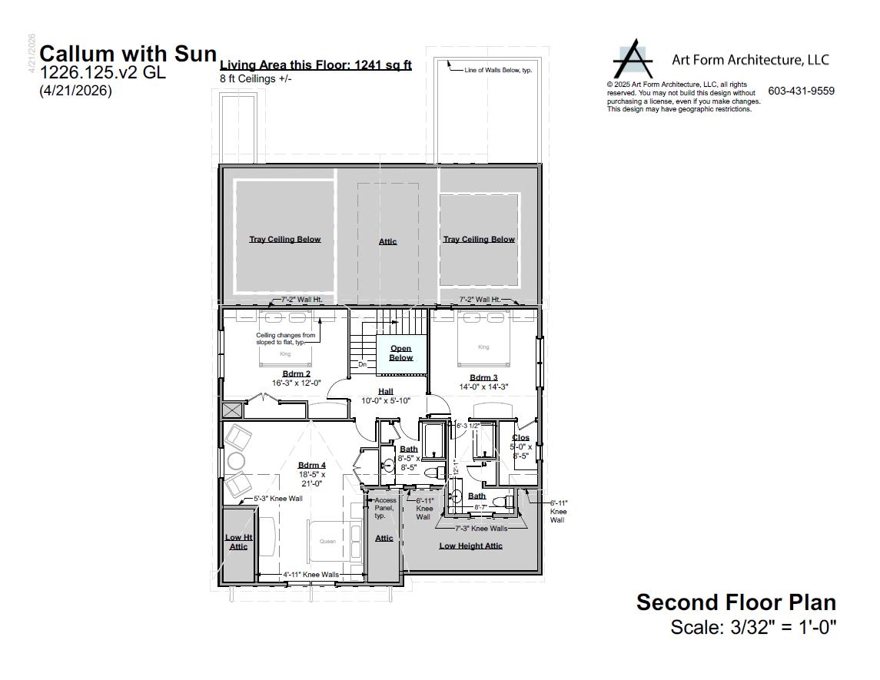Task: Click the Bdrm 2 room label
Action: (x=296, y=374)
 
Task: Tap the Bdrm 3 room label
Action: (x=483, y=377)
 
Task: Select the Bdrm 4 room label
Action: (x=312, y=466)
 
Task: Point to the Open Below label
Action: (x=400, y=353)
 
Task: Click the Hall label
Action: (x=386, y=392)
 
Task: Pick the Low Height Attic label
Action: (x=470, y=546)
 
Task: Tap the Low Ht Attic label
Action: (x=238, y=542)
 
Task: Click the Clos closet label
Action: (x=520, y=438)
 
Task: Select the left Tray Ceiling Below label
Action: (x=284, y=240)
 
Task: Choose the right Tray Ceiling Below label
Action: (x=479, y=240)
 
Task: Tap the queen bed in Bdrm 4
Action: (x=332, y=542)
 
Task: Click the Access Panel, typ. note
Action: (x=384, y=508)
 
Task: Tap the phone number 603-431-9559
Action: (x=801, y=91)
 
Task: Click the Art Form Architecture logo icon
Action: (x=634, y=60)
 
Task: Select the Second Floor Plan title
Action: (x=736, y=602)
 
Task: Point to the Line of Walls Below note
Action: (x=498, y=70)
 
